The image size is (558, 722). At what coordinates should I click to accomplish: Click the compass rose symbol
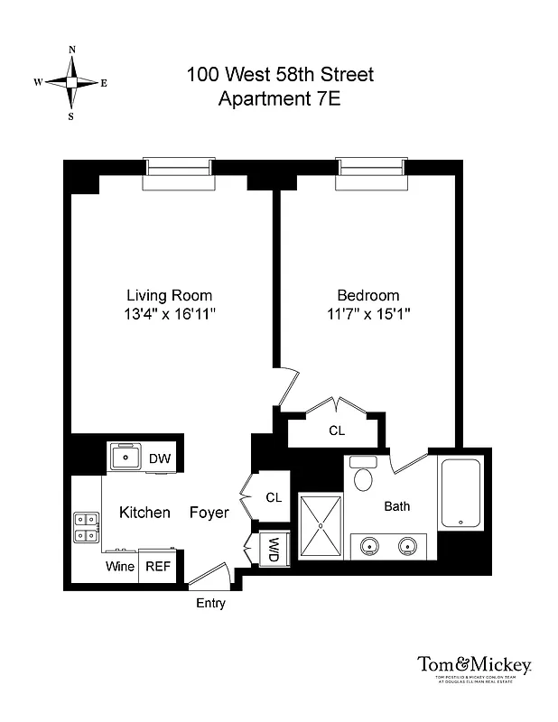tap(70, 82)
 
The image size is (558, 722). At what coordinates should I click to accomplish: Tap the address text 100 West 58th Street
tap(279, 75)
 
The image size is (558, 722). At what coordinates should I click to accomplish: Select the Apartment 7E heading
tap(279, 98)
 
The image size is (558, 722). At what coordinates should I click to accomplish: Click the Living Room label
tap(169, 295)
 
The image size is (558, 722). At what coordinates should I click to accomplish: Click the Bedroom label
tap(367, 295)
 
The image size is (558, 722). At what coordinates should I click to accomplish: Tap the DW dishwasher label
tap(159, 458)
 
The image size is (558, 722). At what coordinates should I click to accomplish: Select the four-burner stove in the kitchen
tap(86, 527)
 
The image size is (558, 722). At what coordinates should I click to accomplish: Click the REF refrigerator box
tap(158, 567)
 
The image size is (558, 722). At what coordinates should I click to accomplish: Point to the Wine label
tap(120, 567)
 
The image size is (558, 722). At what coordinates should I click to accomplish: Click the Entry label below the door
tap(210, 603)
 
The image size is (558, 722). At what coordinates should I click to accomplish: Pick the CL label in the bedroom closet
tap(337, 431)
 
